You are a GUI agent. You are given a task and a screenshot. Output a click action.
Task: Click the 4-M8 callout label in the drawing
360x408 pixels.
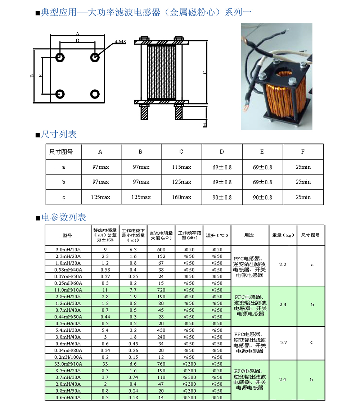(x=120, y=42)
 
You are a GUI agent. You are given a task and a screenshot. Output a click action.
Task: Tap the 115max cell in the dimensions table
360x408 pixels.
(x=181, y=167)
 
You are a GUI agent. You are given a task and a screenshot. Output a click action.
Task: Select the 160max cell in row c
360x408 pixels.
(x=181, y=197)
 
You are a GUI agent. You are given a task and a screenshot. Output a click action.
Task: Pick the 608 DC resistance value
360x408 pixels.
(x=161, y=249)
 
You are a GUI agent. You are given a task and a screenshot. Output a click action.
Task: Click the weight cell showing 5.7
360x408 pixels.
(x=283, y=343)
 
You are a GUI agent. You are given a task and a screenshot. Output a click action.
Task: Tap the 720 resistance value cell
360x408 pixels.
(x=161, y=290)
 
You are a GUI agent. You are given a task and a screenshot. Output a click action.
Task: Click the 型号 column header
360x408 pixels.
(x=67, y=235)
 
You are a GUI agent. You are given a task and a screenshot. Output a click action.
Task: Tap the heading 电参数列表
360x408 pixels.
(x=63, y=217)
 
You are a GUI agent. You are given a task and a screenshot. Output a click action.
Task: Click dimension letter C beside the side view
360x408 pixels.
(x=204, y=72)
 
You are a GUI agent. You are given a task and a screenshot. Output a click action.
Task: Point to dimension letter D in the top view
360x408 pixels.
(x=77, y=41)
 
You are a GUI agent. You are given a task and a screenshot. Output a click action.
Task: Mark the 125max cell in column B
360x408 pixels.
(x=140, y=197)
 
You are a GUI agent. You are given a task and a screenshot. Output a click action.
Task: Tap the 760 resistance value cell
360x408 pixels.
(x=161, y=364)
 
